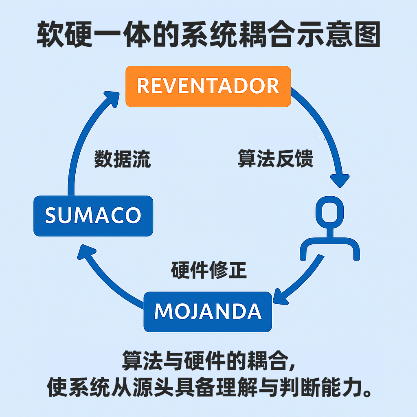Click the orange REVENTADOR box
(x=208, y=86)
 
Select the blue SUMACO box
(x=93, y=215)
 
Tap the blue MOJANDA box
(x=208, y=312)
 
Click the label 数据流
(x=123, y=159)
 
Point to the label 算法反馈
(x=275, y=159)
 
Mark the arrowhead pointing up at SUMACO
(x=85, y=252)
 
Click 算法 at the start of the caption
(x=141, y=360)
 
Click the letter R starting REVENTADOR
(x=143, y=86)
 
